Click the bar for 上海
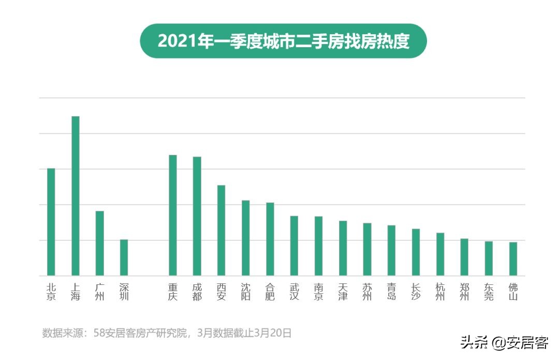coord(75,196)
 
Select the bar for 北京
coord(51,222)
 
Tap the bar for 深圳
coord(124,257)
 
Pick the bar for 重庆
coord(172,215)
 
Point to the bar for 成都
coord(197,216)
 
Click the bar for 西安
coord(221,230)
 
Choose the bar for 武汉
coord(294,246)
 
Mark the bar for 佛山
coord(513,258)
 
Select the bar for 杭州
coord(440,254)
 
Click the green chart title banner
coord(283,41)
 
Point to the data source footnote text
coord(167,333)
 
